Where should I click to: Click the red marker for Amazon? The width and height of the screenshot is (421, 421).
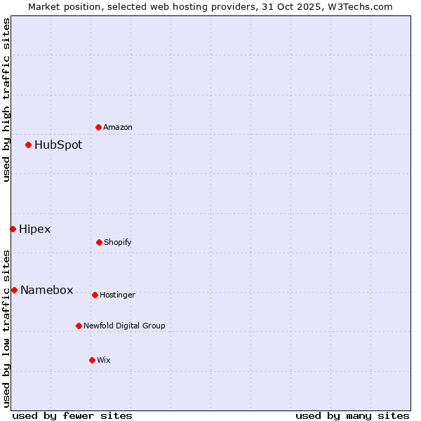98,127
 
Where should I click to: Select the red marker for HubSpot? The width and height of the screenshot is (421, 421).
28,145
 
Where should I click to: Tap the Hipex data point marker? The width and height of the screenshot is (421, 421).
13,229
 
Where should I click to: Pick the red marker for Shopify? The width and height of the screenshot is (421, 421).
99,242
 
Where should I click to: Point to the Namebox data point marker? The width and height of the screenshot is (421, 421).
14,290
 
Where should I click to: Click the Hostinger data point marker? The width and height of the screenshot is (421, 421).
95,295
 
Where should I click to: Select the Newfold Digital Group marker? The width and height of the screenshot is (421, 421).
79,326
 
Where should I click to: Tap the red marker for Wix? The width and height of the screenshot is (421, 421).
92,360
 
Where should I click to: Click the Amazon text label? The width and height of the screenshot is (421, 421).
118,128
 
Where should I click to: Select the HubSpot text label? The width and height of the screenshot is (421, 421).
58,145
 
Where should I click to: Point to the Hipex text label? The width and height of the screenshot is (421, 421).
35,229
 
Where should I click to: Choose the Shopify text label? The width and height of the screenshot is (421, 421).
118,243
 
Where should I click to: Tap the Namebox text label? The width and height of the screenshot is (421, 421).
47,290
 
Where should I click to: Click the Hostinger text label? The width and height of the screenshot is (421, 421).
117,295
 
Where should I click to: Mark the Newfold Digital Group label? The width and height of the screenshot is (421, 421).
125,326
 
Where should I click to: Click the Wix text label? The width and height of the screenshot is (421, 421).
104,361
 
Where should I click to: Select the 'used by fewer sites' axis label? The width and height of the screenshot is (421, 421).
72,415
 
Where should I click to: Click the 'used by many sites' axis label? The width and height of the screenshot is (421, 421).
352,415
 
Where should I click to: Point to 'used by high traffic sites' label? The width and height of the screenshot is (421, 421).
7,100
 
